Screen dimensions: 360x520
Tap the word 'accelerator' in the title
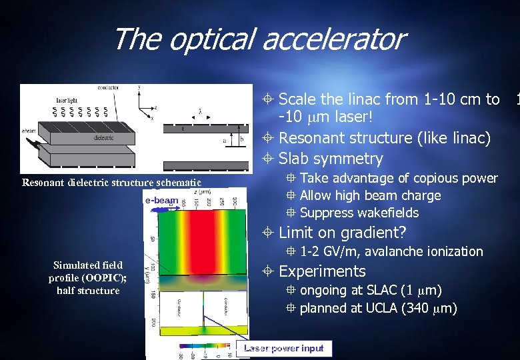[x=333, y=39]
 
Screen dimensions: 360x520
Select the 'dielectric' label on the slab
[x=103, y=138]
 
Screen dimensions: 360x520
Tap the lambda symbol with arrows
[x=199, y=112]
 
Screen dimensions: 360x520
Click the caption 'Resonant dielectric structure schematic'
[x=111, y=183]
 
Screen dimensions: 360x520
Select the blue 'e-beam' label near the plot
[x=161, y=200]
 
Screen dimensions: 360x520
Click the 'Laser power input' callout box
[x=284, y=348]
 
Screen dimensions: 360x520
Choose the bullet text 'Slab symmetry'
[x=331, y=159]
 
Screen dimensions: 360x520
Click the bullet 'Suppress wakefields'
[x=359, y=213]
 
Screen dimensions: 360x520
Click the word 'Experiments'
[x=322, y=271]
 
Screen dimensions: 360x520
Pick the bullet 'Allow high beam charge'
[x=370, y=195]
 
